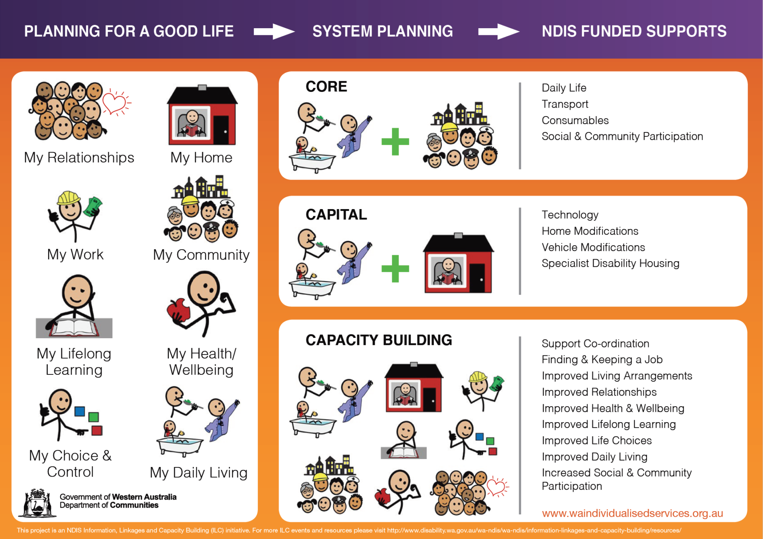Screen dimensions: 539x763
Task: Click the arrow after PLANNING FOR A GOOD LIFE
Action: [274, 31]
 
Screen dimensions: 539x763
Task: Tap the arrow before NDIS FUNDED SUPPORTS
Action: [498, 31]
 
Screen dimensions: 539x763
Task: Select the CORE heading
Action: [326, 87]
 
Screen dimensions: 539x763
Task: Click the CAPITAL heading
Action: [336, 215]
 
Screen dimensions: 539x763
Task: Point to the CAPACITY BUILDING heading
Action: [379, 340]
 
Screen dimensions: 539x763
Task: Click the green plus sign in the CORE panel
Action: [395, 142]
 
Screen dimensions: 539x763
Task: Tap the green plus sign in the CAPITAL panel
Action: [395, 269]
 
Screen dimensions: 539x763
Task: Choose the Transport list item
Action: [565, 104]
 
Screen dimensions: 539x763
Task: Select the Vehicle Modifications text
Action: [593, 247]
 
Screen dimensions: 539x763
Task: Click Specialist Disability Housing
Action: [610, 264]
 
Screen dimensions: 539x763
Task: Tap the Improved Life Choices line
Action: [596, 440]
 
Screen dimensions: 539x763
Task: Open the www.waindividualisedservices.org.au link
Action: [632, 513]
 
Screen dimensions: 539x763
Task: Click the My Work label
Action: [75, 254]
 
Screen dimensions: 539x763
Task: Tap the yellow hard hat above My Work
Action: [69, 198]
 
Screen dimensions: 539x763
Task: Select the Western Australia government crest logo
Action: [38, 503]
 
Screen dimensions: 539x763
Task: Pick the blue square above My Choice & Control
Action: [80, 411]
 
